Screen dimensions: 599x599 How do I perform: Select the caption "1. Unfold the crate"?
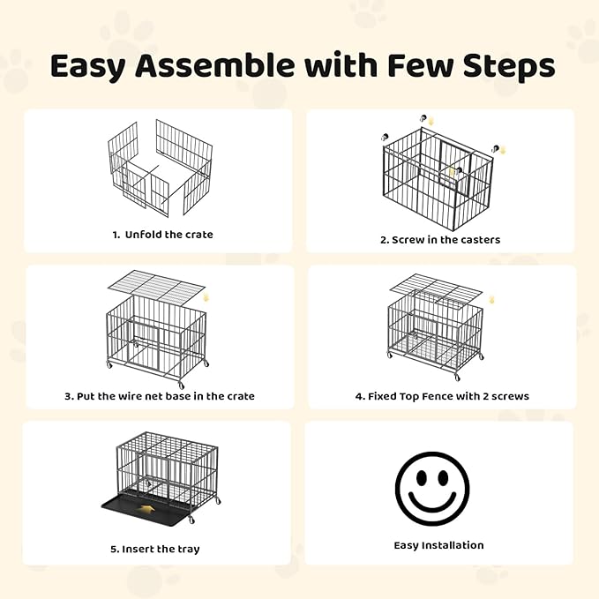coord(162,235)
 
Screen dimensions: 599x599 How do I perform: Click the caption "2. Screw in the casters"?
coord(440,239)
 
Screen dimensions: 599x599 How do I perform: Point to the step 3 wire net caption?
coord(160,396)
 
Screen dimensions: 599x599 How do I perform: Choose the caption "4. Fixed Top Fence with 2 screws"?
coord(442,396)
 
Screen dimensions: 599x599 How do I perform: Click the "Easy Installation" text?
coord(438,545)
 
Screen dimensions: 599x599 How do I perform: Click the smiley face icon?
coord(438,488)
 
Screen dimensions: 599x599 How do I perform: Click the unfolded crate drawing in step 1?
coord(160,167)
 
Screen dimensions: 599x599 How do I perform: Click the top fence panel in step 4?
coord(436,288)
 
